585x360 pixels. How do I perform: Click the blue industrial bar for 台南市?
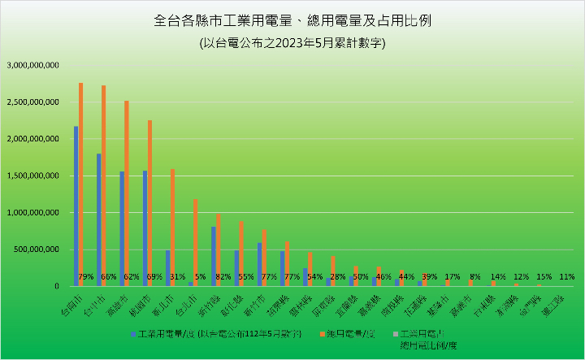[76, 206]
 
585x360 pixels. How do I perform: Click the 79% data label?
[85, 277]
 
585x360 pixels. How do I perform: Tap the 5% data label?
[200, 277]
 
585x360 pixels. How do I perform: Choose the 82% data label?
[223, 277]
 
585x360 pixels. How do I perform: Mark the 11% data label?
[567, 277]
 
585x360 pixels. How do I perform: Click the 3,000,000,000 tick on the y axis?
[32, 66]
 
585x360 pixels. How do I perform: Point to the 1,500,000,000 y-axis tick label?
[32, 176]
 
